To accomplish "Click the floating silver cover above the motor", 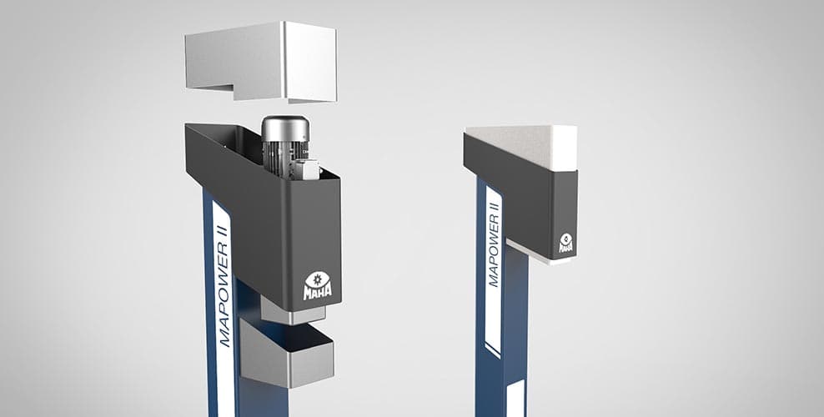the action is click(x=261, y=60).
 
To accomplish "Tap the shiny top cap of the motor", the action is click(x=285, y=128).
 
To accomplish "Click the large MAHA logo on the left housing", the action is click(x=318, y=286).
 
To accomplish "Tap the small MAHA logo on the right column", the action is click(x=566, y=243).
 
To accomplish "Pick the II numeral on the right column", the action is click(x=494, y=201).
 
